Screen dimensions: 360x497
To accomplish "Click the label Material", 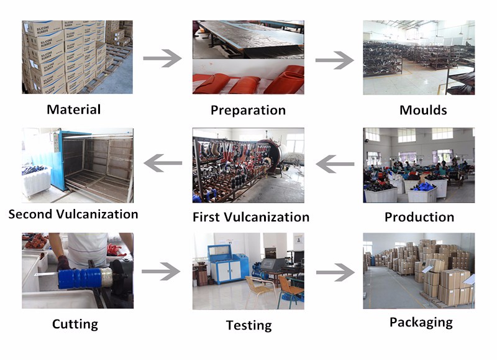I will [73, 109].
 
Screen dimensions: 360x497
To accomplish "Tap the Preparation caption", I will [248, 110].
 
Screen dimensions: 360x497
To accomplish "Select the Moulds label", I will [423, 110].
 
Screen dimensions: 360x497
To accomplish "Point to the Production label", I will [419, 217].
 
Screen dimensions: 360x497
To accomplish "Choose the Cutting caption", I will [75, 324].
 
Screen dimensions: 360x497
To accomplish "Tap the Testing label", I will [248, 325].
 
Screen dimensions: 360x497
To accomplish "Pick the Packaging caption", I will [421, 322].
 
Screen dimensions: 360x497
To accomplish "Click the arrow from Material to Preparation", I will [162, 58].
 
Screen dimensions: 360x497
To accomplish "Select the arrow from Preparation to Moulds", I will [334, 60].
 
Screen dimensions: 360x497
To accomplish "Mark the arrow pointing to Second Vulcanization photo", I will [163, 164].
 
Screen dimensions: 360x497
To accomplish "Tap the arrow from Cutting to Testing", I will [161, 271].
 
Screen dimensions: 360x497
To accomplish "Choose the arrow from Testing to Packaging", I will [335, 272].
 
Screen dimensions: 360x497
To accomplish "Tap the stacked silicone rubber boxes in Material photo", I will [59, 56].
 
